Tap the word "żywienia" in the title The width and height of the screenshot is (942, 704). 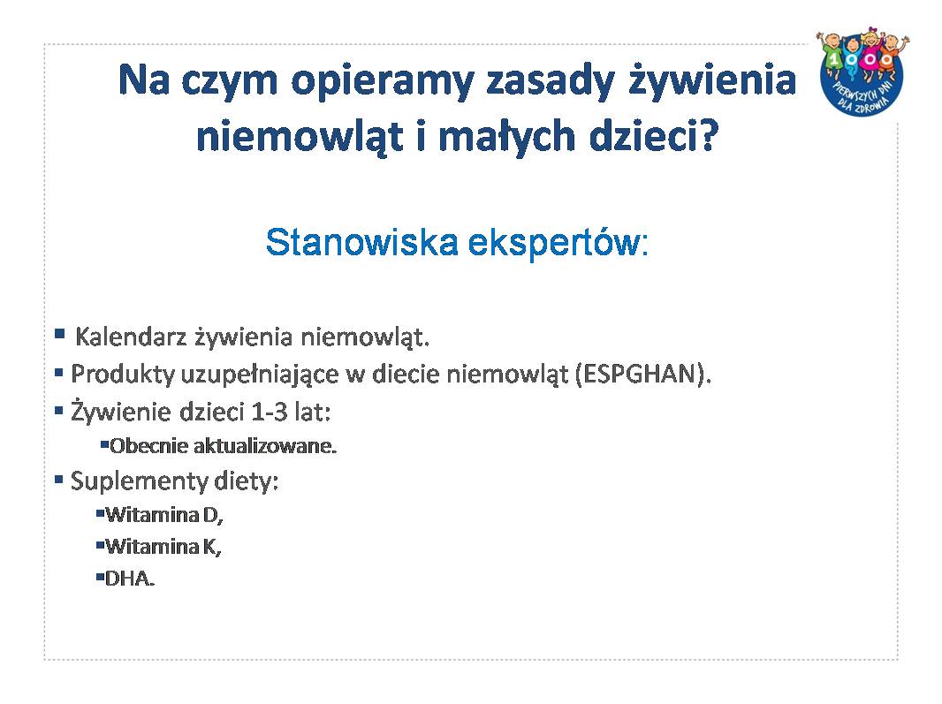[712, 79]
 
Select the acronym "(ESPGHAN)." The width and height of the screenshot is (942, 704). [642, 374]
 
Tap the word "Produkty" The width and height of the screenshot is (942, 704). [123, 375]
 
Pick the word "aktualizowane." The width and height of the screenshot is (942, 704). [265, 446]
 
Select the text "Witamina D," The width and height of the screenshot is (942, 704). [164, 515]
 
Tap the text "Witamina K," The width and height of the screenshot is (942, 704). [163, 547]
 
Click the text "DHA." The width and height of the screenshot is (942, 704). [130, 579]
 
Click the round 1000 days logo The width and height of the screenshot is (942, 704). [862, 72]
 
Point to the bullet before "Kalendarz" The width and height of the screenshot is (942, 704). [59, 333]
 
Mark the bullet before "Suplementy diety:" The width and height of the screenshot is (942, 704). [59, 480]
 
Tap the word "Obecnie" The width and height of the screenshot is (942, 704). [149, 446]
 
